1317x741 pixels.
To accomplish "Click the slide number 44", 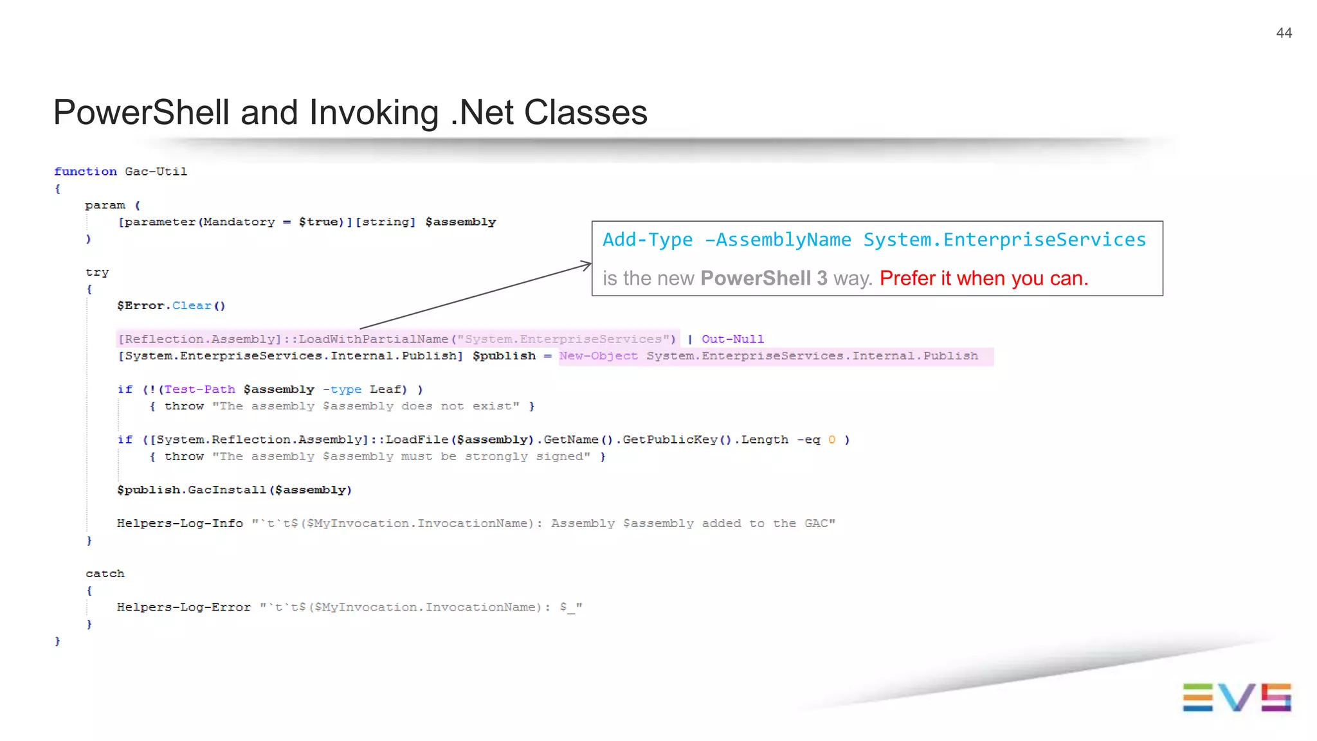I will click(x=1284, y=33).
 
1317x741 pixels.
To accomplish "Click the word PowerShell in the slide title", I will click(x=141, y=112).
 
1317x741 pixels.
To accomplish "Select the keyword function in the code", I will click(x=86, y=172).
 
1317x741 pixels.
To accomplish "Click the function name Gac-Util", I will click(x=156, y=172).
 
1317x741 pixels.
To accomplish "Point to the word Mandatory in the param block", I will click(x=239, y=222).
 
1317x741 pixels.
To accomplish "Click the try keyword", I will click(x=97, y=272).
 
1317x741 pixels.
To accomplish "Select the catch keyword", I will click(x=105, y=573).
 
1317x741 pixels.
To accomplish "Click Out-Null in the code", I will click(x=732, y=339).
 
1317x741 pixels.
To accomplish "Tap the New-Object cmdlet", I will click(x=598, y=356).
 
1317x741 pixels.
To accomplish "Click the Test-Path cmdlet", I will click(x=199, y=389).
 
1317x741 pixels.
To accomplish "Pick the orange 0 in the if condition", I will click(x=831, y=440).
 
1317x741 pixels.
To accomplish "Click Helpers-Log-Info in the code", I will click(x=180, y=523).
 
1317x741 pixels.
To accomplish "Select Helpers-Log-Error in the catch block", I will click(x=183, y=607).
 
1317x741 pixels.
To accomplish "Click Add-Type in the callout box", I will click(x=647, y=240).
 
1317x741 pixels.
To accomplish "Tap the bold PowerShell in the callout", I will click(x=755, y=278).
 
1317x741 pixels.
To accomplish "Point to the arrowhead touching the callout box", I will click(x=586, y=264).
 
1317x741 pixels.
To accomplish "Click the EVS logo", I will click(x=1236, y=697).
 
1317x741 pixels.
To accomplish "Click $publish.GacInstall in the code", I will click(x=191, y=490).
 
